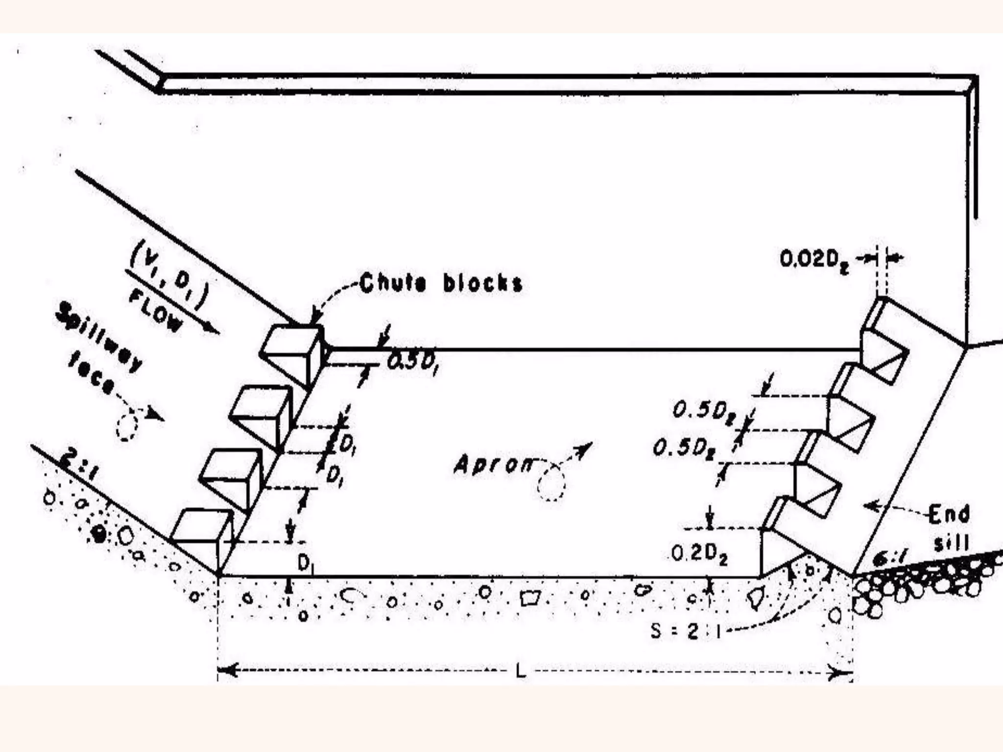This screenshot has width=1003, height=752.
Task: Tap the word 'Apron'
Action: (492, 464)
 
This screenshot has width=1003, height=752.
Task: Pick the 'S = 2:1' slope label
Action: (686, 632)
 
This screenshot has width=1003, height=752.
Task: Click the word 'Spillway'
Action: (100, 338)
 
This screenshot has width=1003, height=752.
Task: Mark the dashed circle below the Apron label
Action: (551, 484)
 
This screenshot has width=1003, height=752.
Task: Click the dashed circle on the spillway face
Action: (127, 425)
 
